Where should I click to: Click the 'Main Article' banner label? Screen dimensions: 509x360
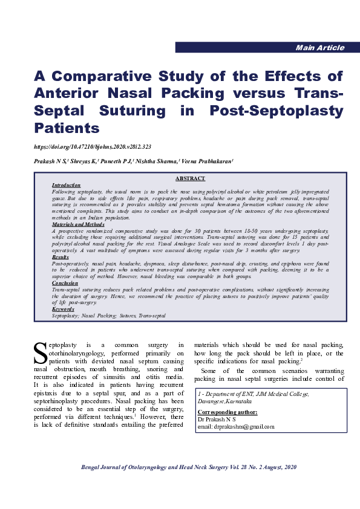click(319, 48)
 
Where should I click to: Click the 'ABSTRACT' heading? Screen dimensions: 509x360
click(190, 178)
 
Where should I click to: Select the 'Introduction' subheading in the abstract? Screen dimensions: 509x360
click(66, 185)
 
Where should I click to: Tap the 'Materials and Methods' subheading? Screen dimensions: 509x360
click(78, 224)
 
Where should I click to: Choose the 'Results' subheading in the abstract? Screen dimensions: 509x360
click(61, 258)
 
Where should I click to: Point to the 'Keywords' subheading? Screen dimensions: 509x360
click(63, 309)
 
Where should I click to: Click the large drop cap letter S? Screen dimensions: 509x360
click(39, 352)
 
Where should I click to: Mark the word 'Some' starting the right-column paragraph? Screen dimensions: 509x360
click(210, 371)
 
